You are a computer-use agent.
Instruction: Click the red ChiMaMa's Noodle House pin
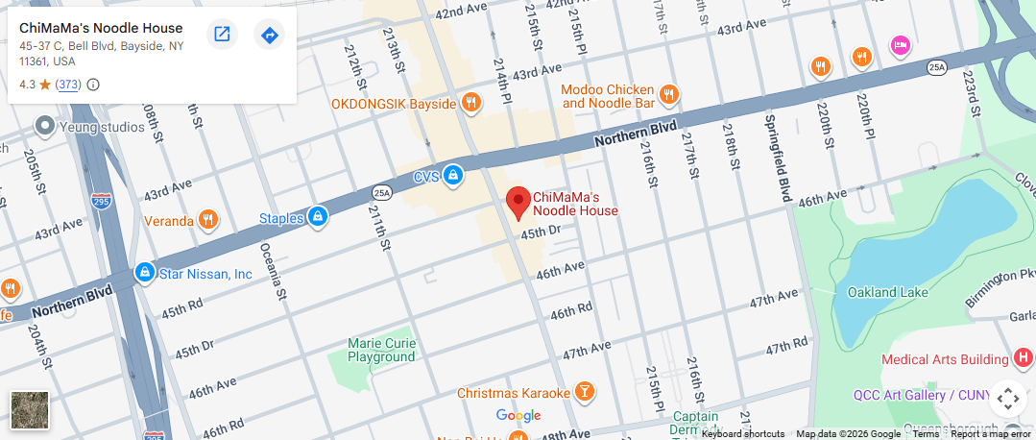[518, 203]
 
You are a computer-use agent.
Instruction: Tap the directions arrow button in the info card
[270, 35]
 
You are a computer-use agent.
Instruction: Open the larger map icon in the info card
[222, 35]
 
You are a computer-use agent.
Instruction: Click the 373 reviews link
[68, 85]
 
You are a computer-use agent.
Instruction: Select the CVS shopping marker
[453, 176]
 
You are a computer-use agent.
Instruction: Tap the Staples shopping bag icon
[318, 218]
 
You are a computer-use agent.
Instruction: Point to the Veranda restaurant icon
[207, 221]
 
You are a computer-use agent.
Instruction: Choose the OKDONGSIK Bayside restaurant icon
[470, 102]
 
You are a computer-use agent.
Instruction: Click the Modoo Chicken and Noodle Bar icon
[669, 94]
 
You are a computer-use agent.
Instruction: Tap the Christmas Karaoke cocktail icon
[583, 392]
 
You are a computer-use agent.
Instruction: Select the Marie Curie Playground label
[381, 350]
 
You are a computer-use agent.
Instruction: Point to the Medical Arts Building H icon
[1024, 359]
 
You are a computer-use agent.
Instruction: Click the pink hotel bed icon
[900, 44]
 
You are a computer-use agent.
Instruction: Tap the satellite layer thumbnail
[29, 409]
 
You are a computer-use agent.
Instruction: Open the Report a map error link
[991, 434]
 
